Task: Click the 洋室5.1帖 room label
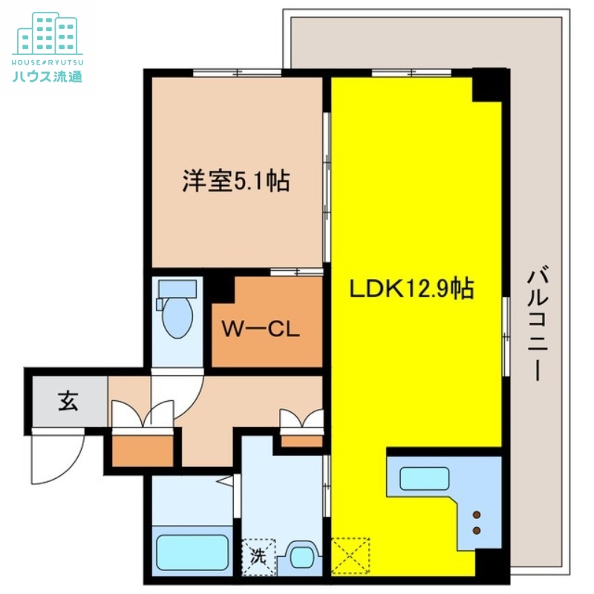236,181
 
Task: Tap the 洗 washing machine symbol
258,555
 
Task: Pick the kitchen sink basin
425,478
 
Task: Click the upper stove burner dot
476,515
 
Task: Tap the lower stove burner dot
476,530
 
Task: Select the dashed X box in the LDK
350,555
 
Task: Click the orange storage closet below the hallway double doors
142,448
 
